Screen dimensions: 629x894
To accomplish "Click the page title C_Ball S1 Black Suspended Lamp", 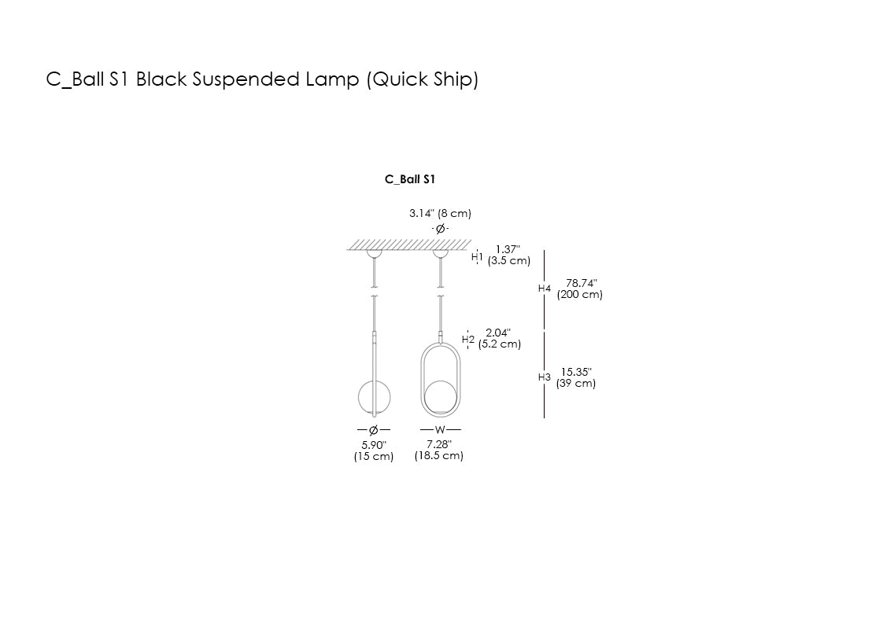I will coord(262,79).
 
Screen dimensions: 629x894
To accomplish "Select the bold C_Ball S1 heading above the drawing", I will coord(410,179).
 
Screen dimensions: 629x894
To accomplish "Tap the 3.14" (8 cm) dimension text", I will coord(440,213).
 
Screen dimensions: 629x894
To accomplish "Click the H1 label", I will coord(477,256).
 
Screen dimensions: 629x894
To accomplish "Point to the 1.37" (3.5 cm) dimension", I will coord(508,255).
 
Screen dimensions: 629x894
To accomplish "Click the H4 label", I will coord(545,289).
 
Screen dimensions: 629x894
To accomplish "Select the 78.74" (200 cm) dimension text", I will coord(580,289).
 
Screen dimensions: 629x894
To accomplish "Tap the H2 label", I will coord(468,339).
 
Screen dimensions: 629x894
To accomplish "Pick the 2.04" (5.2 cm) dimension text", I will coord(499,338).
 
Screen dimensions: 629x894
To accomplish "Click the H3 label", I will coord(545,377).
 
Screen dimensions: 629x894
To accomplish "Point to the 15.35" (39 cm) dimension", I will coord(576,377).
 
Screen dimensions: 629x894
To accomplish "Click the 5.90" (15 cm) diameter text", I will coord(374,451).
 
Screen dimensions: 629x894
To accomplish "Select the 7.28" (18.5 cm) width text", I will coord(439,450).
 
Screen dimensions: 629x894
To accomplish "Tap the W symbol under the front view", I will coord(440,429).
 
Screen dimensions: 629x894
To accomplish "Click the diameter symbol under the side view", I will coord(374,429).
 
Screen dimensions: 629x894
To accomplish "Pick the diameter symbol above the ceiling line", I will coord(441,228).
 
